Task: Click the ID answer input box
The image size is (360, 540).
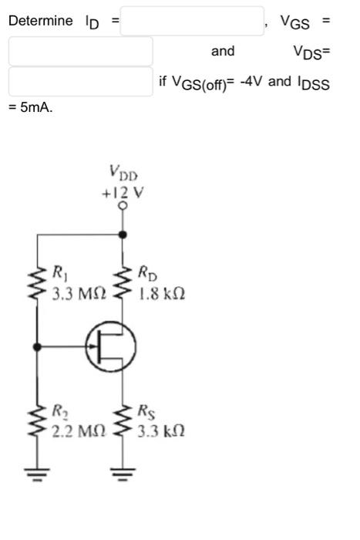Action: (x=192, y=21)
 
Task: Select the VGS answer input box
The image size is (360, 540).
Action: (x=81, y=51)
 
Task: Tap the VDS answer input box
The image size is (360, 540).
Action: (x=81, y=81)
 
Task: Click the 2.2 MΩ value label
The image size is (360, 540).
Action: (x=79, y=430)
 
